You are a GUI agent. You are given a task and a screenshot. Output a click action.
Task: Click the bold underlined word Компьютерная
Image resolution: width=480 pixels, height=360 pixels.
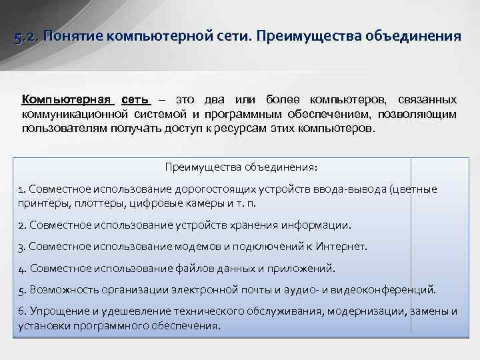(x=67, y=100)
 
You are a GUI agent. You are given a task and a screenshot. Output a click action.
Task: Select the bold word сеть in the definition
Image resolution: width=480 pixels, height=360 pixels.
(x=136, y=100)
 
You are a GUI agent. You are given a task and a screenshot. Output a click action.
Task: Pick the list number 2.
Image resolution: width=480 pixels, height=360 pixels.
(x=22, y=225)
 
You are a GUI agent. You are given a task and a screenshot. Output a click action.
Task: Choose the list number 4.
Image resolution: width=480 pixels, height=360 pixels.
(x=22, y=269)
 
